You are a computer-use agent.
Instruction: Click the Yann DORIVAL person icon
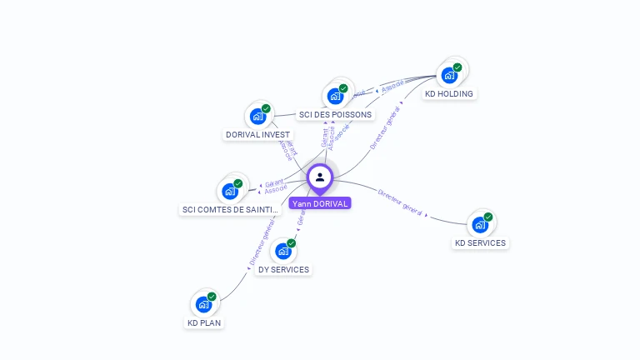pyautogui.click(x=320, y=177)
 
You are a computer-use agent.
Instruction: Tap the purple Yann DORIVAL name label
pyautogui.click(x=320, y=203)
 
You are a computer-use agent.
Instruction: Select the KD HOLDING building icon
pyautogui.click(x=450, y=75)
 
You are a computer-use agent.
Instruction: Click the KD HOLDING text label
pyautogui.click(x=449, y=94)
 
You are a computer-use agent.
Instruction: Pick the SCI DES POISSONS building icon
pyautogui.click(x=336, y=96)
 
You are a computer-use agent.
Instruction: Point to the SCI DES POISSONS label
pyautogui.click(x=336, y=115)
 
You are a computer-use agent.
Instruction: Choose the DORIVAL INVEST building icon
pyautogui.click(x=258, y=116)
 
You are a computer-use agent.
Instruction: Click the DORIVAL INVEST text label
pyautogui.click(x=258, y=135)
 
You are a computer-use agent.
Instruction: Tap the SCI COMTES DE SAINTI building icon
pyautogui.click(x=230, y=191)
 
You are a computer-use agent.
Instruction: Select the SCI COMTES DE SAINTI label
pyautogui.click(x=231, y=210)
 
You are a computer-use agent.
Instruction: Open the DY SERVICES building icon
pyautogui.click(x=283, y=250)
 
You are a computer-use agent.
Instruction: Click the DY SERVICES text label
pyautogui.click(x=283, y=270)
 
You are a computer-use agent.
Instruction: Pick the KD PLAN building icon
pyautogui.click(x=204, y=303)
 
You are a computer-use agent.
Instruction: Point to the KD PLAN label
pyautogui.click(x=205, y=323)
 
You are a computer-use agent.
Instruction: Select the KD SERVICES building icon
pyautogui.click(x=480, y=224)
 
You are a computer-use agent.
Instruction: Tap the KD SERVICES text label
pyautogui.click(x=480, y=243)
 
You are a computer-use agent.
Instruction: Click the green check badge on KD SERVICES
pyautogui.click(x=488, y=217)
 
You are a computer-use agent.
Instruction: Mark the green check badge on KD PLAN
pyautogui.click(x=212, y=296)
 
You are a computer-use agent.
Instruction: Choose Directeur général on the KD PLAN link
pyautogui.click(x=262, y=242)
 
